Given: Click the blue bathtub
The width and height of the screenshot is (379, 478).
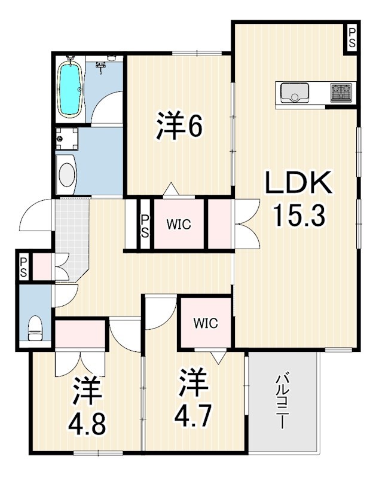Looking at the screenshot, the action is [x=71, y=89].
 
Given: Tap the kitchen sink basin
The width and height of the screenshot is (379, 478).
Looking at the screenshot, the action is [x=294, y=93].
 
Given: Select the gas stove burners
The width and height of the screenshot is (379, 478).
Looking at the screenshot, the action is [x=341, y=93].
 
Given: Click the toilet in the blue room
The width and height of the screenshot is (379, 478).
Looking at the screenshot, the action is [x=35, y=328].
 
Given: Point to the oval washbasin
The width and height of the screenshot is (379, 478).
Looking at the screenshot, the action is [x=67, y=174].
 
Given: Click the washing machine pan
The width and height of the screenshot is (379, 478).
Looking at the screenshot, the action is [x=67, y=139].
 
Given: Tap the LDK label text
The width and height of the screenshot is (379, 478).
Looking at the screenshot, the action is [x=298, y=183].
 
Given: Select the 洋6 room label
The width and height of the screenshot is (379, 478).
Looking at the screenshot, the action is [x=179, y=125].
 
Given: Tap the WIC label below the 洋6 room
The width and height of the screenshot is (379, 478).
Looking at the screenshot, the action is [x=179, y=225].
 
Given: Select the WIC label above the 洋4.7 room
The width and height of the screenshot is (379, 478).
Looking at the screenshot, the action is [x=206, y=323].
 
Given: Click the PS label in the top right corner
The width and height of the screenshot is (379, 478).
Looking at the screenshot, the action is [x=352, y=38].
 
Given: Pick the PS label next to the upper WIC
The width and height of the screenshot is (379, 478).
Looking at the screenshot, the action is [x=145, y=226].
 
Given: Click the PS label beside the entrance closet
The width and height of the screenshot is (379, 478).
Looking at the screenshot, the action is [x=23, y=267].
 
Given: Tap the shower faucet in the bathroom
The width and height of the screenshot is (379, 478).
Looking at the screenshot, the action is [x=100, y=67].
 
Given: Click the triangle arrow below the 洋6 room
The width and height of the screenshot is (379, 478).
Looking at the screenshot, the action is [x=172, y=188].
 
